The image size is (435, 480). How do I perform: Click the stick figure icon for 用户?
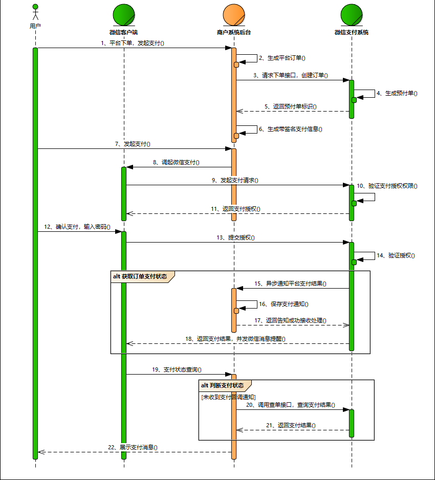point(35,12)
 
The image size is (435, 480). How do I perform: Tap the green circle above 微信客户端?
point(123,15)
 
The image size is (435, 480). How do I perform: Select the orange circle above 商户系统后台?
point(234,15)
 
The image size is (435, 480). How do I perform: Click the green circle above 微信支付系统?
point(352,15)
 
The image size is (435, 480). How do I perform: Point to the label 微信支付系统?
point(352,32)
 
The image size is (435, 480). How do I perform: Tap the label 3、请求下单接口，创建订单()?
point(290,75)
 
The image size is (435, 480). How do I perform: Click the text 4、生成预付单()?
point(397,94)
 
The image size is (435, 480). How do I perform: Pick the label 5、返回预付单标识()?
point(290,107)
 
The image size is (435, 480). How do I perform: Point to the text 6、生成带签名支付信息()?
point(290,129)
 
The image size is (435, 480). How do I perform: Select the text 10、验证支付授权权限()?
point(386,186)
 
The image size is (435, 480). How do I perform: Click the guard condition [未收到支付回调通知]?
point(228,397)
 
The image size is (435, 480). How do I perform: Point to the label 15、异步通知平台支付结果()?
point(290,283)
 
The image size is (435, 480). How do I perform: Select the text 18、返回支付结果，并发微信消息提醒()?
point(235,339)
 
